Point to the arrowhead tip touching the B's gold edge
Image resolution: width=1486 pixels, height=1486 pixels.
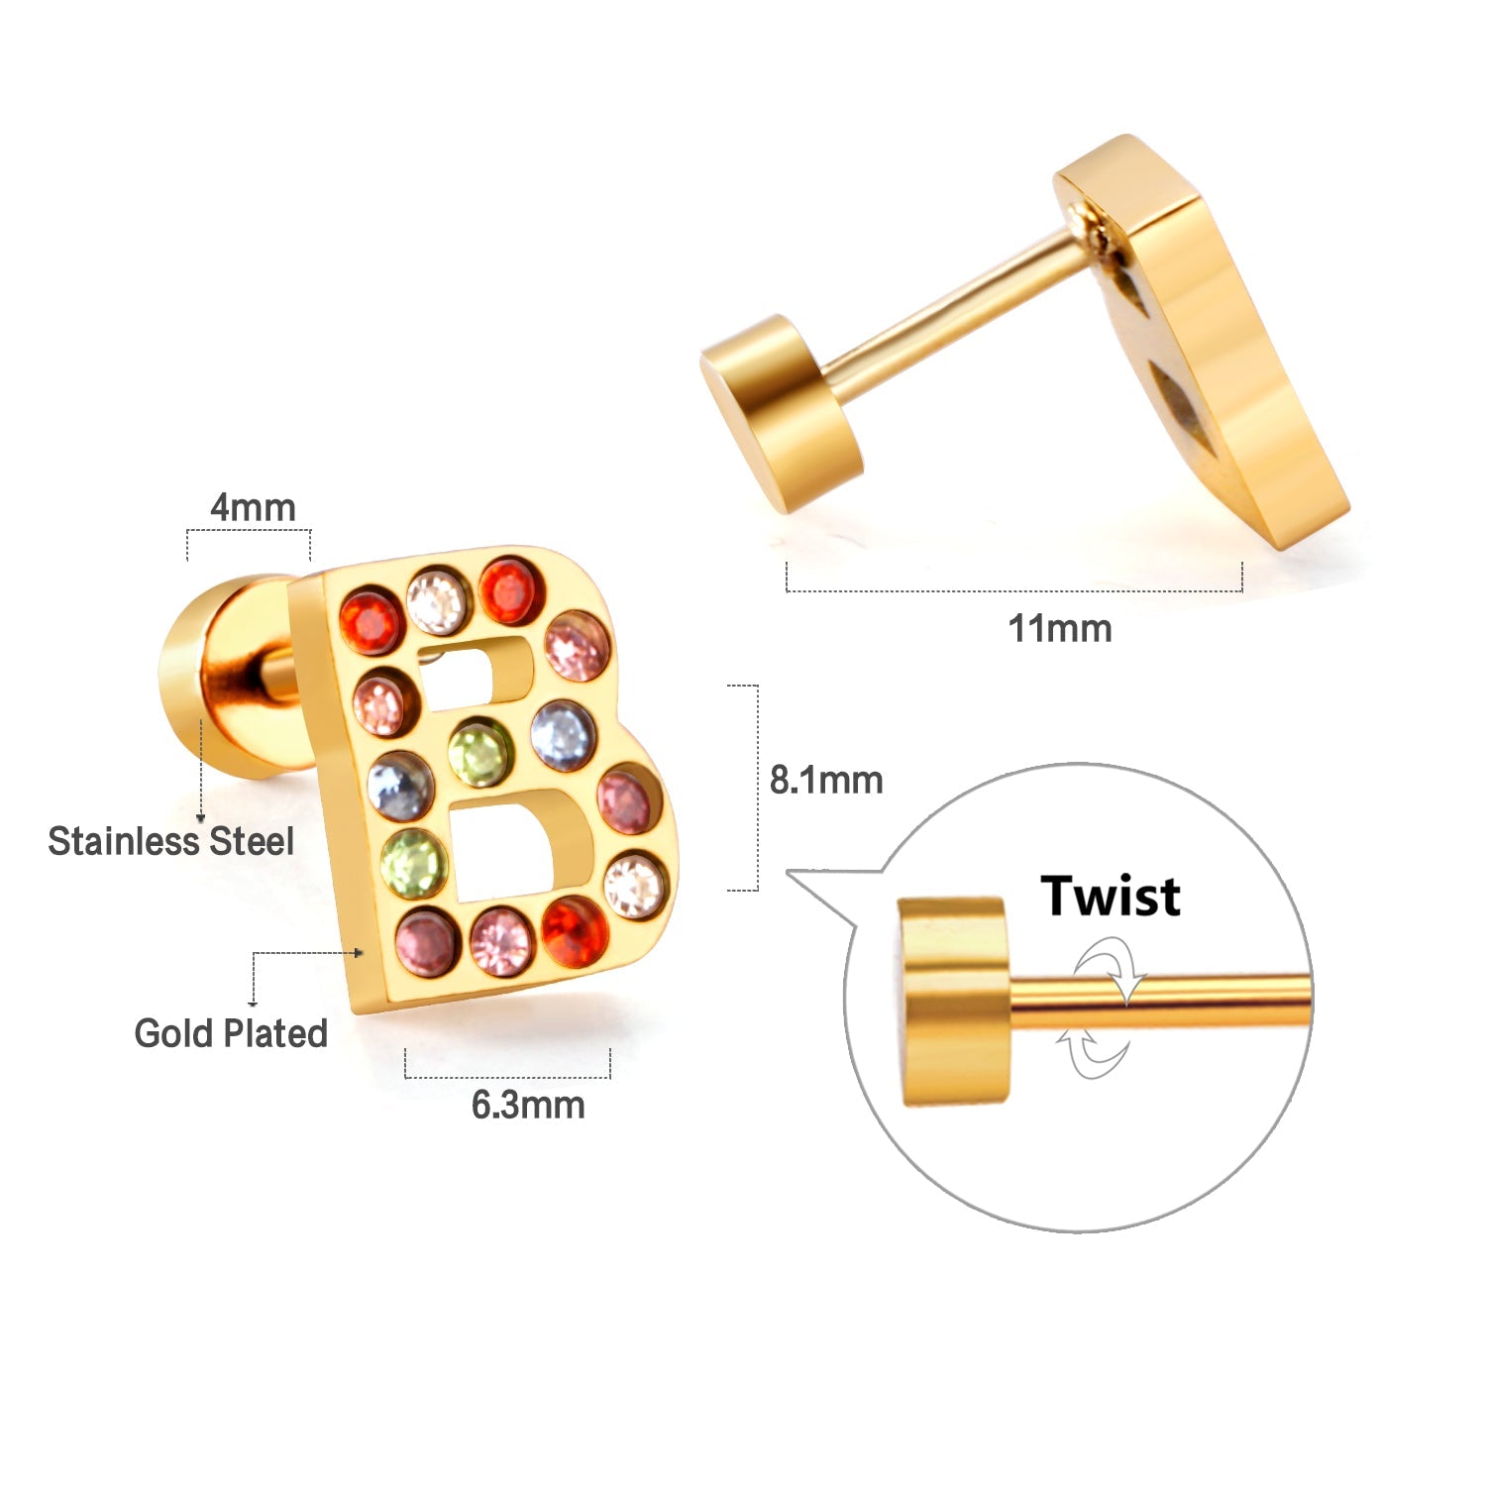(367, 953)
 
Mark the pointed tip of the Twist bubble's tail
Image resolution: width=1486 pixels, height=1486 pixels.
(787, 872)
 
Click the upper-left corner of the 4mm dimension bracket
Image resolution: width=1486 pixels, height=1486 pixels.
(187, 531)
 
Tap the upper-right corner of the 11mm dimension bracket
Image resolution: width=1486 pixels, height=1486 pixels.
(1242, 563)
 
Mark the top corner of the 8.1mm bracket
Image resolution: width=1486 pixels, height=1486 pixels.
(758, 686)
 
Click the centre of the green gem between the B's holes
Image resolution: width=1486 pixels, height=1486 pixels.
(478, 752)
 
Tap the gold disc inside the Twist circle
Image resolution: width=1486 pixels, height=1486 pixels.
(953, 1001)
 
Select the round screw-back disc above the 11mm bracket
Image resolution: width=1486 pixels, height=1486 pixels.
(781, 412)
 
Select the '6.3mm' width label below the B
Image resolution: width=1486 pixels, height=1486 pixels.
(528, 1105)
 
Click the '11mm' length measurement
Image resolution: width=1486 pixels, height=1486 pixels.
(1059, 628)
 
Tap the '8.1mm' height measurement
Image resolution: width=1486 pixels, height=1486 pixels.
(826, 780)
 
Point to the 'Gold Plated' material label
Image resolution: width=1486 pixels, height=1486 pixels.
(231, 1033)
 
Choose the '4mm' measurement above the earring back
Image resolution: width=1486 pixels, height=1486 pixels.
(253, 507)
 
